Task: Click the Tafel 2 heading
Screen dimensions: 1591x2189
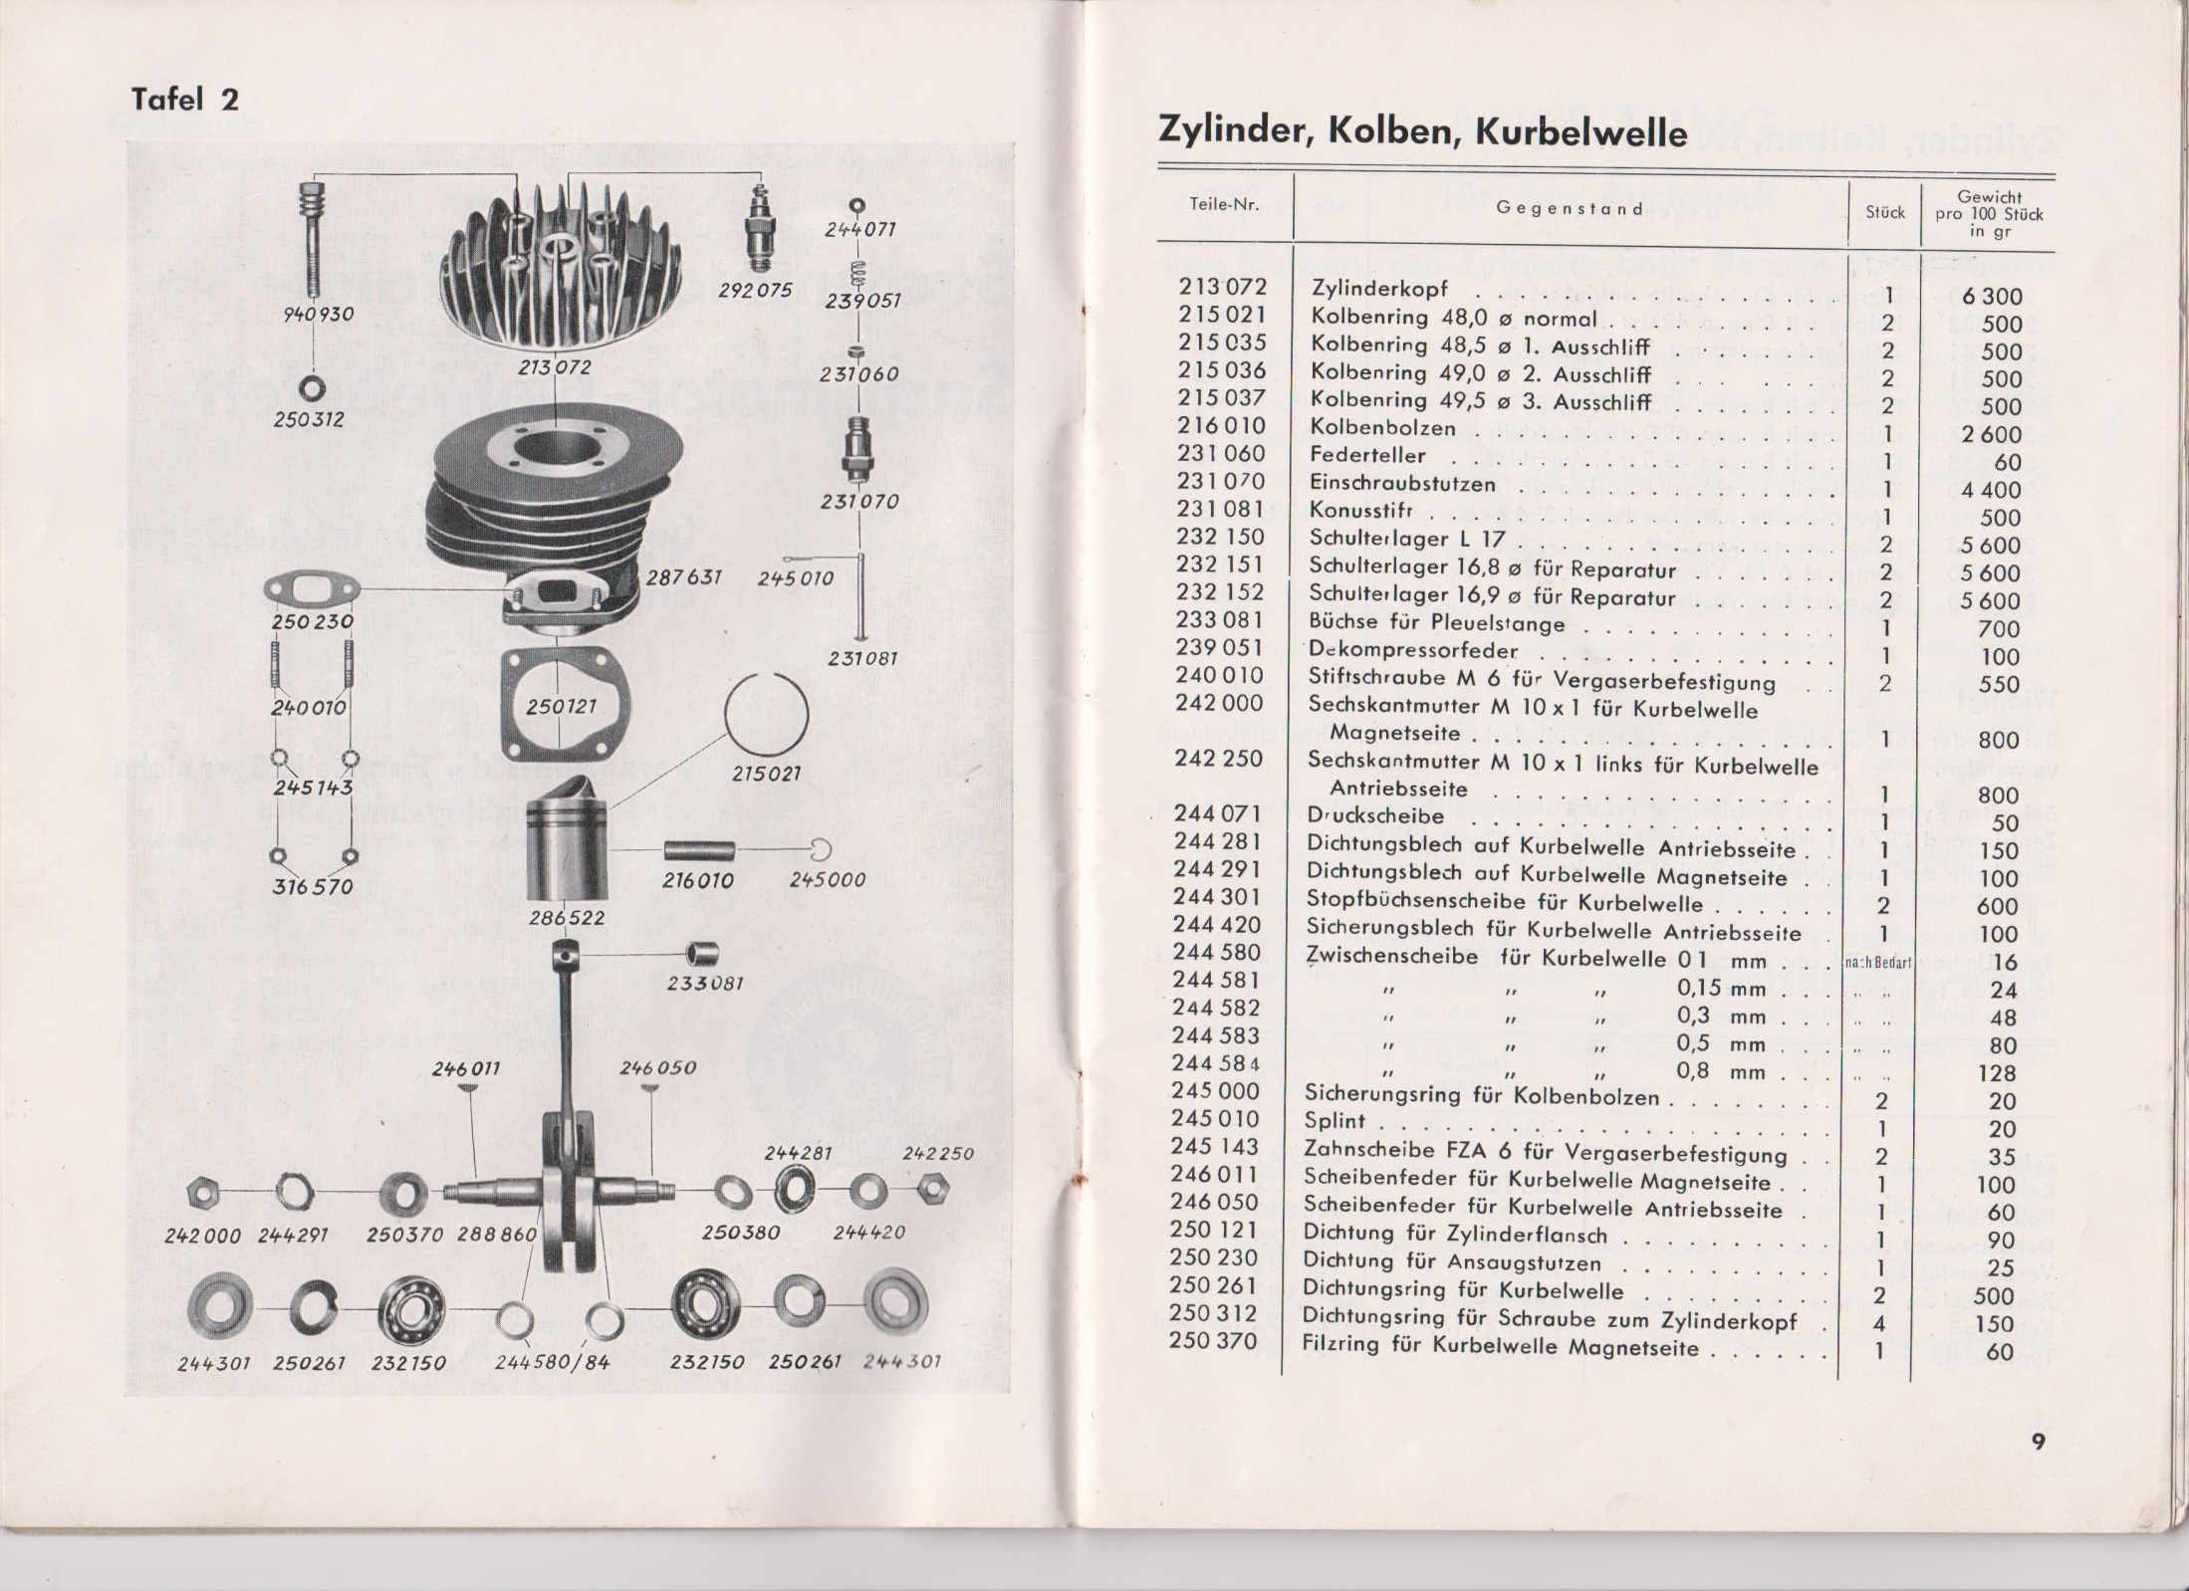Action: [185, 100]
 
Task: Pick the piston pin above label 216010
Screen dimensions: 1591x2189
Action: [699, 850]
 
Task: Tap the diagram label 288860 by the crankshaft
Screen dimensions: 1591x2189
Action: [496, 1235]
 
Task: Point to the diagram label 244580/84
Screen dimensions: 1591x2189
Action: [552, 1362]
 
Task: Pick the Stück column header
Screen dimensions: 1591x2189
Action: [1884, 212]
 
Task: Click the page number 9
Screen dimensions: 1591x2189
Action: [2038, 1443]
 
